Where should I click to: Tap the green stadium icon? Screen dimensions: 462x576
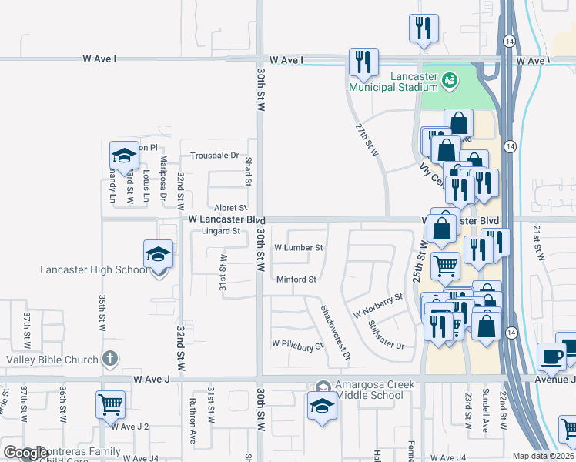tap(451, 79)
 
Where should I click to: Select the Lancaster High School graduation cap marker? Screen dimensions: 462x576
tap(158, 254)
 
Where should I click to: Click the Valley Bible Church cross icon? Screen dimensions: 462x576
tap(111, 359)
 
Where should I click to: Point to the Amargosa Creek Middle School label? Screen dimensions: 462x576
tap(370, 390)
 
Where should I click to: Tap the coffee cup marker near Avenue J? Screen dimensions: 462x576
tap(551, 357)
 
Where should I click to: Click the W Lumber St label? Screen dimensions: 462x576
tap(298, 249)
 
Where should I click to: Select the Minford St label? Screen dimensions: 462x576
tap(296, 280)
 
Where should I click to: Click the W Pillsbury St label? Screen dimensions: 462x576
tap(296, 346)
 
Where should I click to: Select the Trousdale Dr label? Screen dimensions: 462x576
tap(215, 155)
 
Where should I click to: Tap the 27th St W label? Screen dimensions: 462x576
tap(367, 138)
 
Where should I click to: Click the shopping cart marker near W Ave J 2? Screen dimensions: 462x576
tap(110, 404)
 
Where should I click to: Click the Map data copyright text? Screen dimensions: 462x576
tap(543, 456)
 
